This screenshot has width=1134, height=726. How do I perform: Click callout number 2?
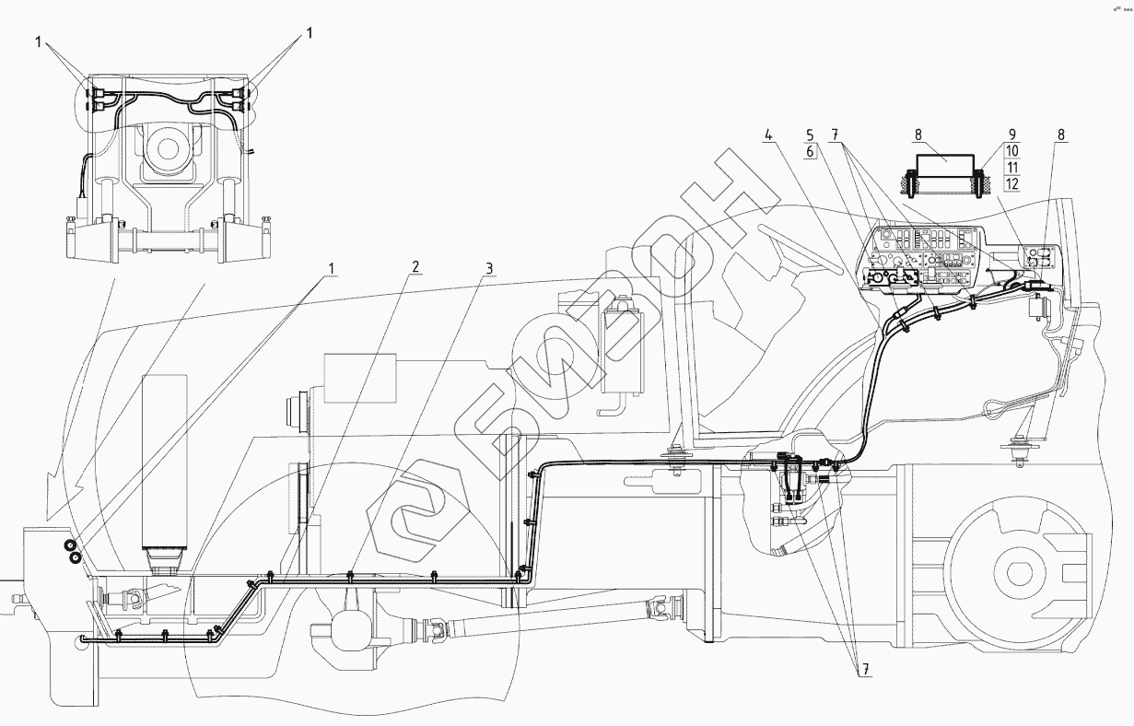pyautogui.click(x=415, y=267)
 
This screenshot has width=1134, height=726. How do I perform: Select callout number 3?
pyautogui.click(x=489, y=268)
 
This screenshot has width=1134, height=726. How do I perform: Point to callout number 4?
pyautogui.click(x=767, y=135)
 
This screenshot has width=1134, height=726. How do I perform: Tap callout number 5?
pyautogui.click(x=810, y=135)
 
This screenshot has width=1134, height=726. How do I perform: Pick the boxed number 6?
pyautogui.click(x=810, y=152)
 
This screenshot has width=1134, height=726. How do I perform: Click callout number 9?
pyautogui.click(x=1011, y=135)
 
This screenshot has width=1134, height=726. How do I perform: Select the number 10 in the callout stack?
pyautogui.click(x=1011, y=151)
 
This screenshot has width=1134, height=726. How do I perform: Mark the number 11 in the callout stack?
pyautogui.click(x=1011, y=168)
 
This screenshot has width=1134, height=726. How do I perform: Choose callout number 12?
pyautogui.click(x=1011, y=184)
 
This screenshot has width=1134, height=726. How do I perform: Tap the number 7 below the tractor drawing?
pyautogui.click(x=865, y=671)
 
